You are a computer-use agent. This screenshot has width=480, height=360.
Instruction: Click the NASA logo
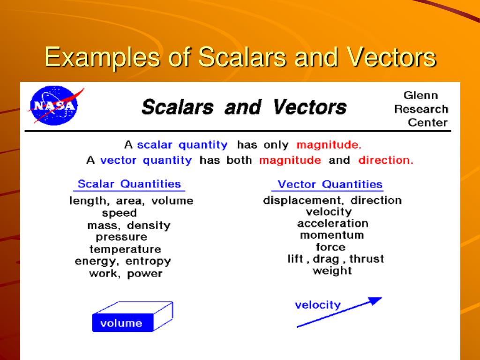pos(52,106)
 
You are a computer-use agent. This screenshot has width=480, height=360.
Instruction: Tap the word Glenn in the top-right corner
pos(420,96)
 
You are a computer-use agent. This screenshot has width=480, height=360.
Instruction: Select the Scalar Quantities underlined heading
pos(129,184)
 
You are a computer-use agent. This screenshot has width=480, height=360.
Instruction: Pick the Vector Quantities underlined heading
pos(330,184)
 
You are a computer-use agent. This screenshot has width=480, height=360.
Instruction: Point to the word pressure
pos(121,238)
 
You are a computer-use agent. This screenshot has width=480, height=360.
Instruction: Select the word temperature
pos(125,249)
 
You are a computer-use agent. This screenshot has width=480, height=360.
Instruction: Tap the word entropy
pos(148,262)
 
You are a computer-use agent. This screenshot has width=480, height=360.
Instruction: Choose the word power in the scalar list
pos(144,274)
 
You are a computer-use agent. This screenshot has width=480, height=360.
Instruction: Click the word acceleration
pos(332,223)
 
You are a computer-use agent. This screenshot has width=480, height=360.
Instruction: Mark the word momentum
pos(331,235)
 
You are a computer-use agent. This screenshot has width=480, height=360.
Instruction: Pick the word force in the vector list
pos(330,247)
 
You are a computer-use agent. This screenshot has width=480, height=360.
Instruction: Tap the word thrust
pos(367,259)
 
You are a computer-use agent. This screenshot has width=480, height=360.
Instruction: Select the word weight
pos(332,271)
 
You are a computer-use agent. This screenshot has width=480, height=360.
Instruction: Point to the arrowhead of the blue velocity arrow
pos(375,300)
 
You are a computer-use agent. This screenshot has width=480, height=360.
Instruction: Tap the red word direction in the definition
pos(385,160)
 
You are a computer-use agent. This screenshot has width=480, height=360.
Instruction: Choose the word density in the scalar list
pos(148,225)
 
